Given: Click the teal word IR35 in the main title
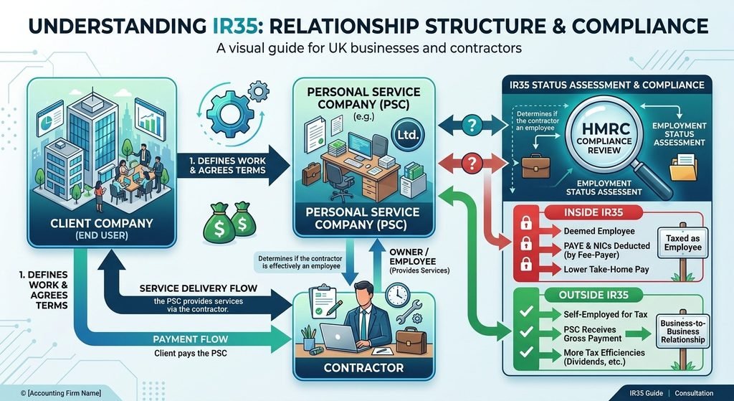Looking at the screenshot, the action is click(232, 25).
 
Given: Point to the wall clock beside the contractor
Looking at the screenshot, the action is click(398, 295).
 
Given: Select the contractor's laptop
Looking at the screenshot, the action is click(340, 338).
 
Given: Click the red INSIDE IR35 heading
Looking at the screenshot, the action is click(593, 212).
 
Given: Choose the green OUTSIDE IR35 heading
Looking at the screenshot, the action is click(593, 295).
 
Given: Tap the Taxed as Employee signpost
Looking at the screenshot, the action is click(683, 242).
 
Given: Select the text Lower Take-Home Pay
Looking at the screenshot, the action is click(600, 270).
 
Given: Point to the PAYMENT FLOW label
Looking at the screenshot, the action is click(191, 339).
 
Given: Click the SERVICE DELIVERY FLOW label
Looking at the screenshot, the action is click(199, 288).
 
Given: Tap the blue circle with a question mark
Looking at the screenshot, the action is click(472, 125).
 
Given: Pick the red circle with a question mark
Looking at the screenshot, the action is click(472, 164).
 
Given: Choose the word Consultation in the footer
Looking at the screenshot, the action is click(694, 393).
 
